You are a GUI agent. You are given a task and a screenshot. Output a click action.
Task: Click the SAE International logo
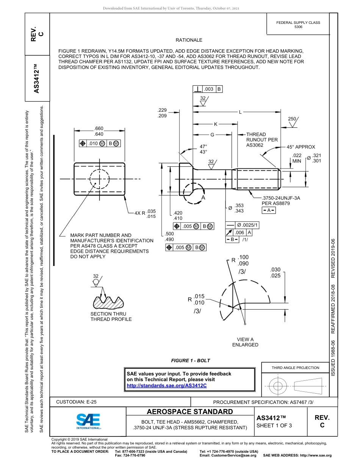88,421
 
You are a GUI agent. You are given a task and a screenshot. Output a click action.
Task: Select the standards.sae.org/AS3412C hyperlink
167,385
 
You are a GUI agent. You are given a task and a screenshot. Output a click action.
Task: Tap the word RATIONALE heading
189,40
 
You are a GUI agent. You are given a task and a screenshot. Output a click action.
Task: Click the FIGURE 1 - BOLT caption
190,360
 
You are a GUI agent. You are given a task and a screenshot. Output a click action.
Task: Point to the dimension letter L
240,112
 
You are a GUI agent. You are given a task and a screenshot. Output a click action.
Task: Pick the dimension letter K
216,124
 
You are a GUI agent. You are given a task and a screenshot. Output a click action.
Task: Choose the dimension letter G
212,134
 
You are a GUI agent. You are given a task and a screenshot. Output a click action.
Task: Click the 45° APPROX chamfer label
301,147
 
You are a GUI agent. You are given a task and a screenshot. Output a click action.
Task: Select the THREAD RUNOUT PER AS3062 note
262,140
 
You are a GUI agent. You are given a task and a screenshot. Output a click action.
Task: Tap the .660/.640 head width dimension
99,131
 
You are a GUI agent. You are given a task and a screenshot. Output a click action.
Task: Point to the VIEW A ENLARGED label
245,342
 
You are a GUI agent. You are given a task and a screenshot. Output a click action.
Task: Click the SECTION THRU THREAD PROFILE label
111,316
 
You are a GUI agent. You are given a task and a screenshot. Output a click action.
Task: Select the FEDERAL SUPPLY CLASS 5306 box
298,25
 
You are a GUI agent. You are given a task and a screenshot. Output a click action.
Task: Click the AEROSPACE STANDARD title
190,412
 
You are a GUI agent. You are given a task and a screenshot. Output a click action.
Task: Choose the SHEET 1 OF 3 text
274,425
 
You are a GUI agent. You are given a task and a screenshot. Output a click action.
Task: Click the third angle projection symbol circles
278,386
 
